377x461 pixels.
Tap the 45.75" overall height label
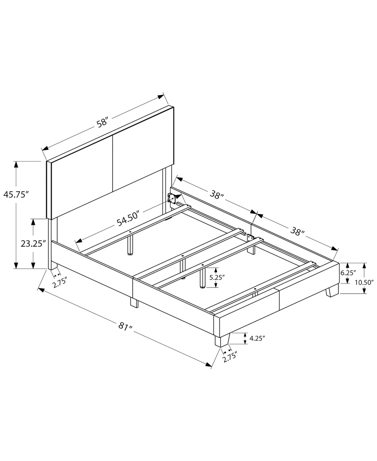tap(16, 194)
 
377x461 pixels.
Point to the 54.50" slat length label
tap(128, 218)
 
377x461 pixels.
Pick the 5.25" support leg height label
tap(217, 277)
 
